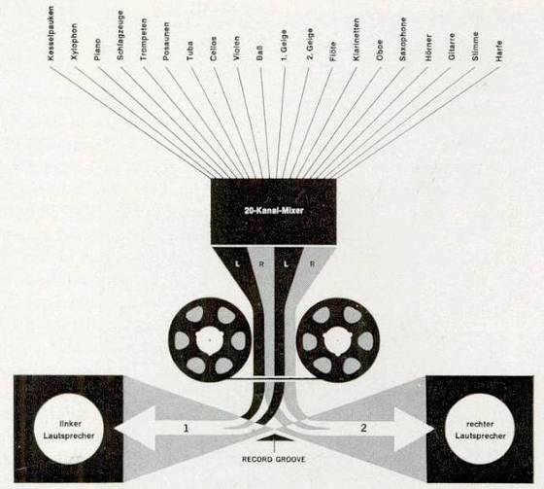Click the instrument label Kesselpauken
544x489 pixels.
click(51, 34)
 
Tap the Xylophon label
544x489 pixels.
click(74, 42)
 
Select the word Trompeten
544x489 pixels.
click(144, 40)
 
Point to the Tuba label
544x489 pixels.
click(189, 52)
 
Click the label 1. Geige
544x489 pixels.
click(284, 46)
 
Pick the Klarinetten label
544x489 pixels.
click(357, 40)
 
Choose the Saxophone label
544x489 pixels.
click(402, 40)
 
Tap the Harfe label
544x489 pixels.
click(499, 52)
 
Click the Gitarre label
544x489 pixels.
click(451, 47)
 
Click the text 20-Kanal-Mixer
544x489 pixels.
click(274, 210)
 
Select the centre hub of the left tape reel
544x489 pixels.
click(209, 340)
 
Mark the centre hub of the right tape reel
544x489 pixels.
click(337, 340)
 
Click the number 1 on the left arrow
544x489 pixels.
click(186, 428)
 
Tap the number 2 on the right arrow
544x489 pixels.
click(363, 428)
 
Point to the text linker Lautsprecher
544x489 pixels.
click(69, 430)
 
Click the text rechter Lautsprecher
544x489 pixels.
click(480, 430)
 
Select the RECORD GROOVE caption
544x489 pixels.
click(274, 459)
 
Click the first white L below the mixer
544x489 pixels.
click(238, 264)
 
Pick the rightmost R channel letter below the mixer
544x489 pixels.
click(312, 264)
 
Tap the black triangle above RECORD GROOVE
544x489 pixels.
click(275, 437)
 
